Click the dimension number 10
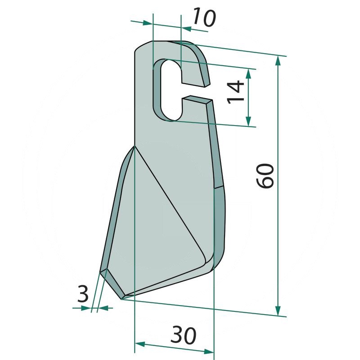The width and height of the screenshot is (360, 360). (x=204, y=18)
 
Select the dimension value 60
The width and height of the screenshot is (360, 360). (x=265, y=176)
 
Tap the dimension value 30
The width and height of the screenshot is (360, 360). (x=184, y=335)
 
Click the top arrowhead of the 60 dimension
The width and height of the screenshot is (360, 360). (x=278, y=61)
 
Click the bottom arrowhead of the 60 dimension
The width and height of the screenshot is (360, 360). (x=278, y=311)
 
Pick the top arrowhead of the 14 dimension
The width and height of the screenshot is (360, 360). (x=248, y=73)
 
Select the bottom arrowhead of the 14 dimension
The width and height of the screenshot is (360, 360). (x=248, y=122)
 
